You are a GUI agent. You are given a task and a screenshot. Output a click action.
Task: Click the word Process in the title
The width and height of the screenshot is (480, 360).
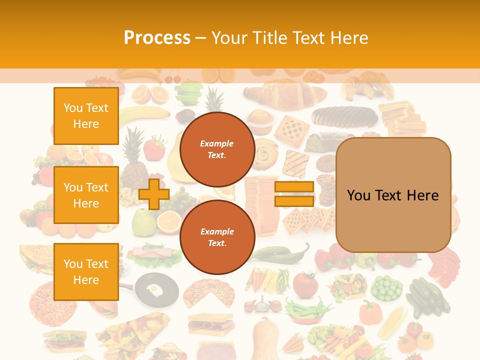pyautogui.click(x=157, y=37)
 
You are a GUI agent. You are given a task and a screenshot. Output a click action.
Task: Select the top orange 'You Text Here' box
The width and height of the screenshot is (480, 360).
pyautogui.click(x=86, y=116)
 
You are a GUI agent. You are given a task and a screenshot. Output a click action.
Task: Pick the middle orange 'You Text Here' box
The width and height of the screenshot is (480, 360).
pyautogui.click(x=86, y=195)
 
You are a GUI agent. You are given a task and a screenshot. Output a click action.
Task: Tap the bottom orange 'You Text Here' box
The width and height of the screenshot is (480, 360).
pyautogui.click(x=86, y=271)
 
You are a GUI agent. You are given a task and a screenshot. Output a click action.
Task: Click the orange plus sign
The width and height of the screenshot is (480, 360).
pyautogui.click(x=154, y=194)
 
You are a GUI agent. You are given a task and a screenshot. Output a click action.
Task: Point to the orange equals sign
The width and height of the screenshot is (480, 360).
pyautogui.click(x=294, y=194)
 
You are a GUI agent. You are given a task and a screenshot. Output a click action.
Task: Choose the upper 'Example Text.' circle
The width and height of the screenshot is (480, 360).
pyautogui.click(x=217, y=149)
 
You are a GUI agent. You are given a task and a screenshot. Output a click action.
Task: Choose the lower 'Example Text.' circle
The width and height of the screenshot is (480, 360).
pyautogui.click(x=217, y=237)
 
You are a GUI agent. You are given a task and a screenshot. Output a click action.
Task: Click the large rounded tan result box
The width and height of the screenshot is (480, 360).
pyautogui.click(x=393, y=195)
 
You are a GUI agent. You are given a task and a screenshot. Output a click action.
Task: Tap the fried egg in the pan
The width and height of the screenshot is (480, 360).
pyautogui.click(x=154, y=288)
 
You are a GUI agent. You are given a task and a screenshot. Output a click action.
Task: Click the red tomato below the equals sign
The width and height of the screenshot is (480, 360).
pyautogui.click(x=305, y=285)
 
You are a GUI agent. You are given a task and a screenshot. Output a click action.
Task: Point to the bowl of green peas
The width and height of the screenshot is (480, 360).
pyautogui.click(x=386, y=288)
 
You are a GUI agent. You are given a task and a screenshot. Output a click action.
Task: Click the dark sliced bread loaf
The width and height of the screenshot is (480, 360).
pyautogui.click(x=345, y=116)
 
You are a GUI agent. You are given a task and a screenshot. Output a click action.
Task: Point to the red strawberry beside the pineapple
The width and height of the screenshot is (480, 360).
pyautogui.click(x=154, y=148)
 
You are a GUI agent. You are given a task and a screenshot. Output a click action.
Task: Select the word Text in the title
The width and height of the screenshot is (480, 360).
pyautogui.click(x=311, y=37)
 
